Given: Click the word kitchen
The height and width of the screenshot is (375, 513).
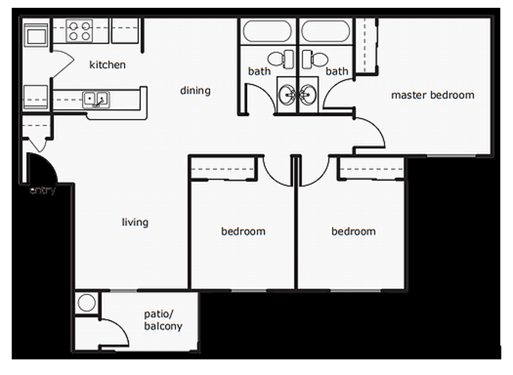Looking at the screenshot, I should click(107, 65).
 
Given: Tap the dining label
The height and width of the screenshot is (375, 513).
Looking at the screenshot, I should click(195, 91).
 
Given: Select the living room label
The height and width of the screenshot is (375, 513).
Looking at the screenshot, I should click(135, 223).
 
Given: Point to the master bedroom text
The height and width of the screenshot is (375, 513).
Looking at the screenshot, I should click(432, 95).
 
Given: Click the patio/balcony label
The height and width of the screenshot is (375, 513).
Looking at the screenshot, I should click(163, 320).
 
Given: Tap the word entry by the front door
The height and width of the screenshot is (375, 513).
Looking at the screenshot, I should click(43, 190).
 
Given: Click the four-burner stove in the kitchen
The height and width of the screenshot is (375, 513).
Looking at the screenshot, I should click(79, 30).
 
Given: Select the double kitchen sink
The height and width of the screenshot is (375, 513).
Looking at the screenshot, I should click(96, 99).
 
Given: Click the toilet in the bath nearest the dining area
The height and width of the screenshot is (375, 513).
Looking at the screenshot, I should click(281, 59).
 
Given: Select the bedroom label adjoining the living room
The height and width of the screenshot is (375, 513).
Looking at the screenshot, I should click(243, 231).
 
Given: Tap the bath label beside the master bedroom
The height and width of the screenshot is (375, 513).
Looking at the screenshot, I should click(337, 72).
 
